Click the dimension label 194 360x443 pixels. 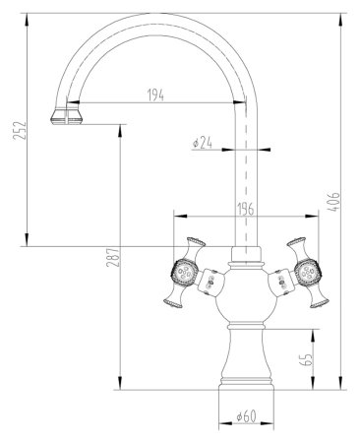coord(155,95)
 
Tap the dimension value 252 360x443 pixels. coord(20,131)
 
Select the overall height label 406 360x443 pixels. coord(333,202)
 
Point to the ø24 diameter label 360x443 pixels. coord(203,143)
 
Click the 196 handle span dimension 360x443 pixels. coord(246,209)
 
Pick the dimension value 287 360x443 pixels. coord(113,257)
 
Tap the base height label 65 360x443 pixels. coord(305,360)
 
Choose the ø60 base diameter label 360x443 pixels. coord(246,416)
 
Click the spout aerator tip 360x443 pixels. coord(67,116)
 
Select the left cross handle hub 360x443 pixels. coord(184,272)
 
